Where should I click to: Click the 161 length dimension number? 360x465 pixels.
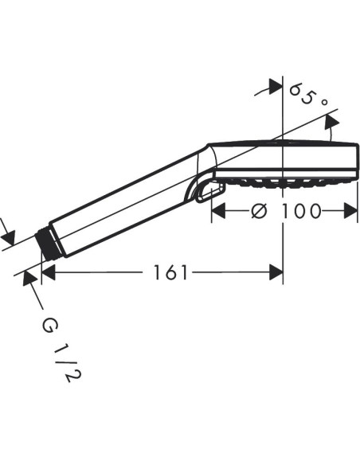[171, 273]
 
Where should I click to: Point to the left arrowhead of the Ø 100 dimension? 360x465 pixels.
[218, 211]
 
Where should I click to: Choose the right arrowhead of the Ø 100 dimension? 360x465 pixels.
[350, 211]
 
